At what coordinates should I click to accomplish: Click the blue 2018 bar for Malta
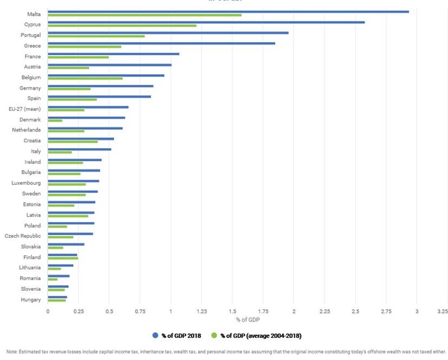click(x=227, y=11)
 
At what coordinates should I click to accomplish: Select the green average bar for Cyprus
click(x=122, y=25)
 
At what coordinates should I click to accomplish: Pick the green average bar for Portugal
click(x=96, y=36)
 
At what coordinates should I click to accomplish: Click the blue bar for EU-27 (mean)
click(x=88, y=107)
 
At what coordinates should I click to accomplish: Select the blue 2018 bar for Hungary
click(x=57, y=297)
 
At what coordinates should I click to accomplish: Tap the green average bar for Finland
click(x=63, y=258)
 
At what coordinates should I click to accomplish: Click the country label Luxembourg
click(x=27, y=183)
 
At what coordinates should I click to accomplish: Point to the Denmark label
click(x=30, y=119)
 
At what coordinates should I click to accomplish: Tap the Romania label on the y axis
click(x=30, y=278)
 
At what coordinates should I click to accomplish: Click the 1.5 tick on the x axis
click(x=233, y=311)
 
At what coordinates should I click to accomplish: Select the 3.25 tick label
click(x=442, y=311)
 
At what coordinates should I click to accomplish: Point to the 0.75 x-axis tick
click(x=140, y=311)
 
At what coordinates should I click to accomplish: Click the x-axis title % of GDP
click(x=245, y=320)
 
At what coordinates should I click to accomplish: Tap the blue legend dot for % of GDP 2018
click(x=155, y=336)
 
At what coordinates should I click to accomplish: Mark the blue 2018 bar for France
click(x=113, y=54)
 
